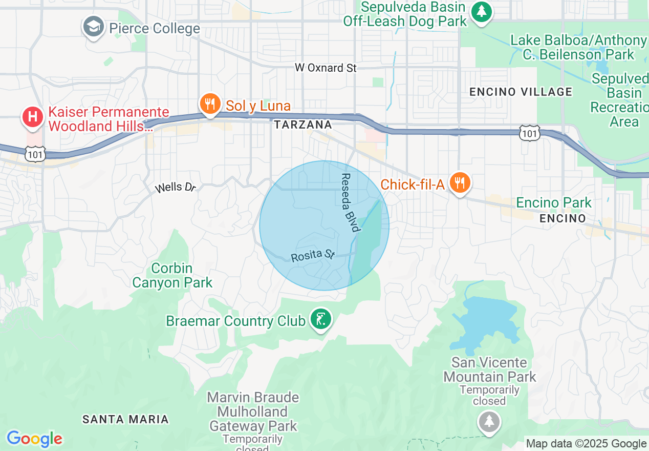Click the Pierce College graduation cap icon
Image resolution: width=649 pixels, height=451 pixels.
[93, 27]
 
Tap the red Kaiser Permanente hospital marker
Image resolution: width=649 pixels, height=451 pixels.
[32, 117]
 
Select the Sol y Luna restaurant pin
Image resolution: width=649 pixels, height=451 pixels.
[209, 104]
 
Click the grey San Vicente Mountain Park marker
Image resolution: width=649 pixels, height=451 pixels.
[489, 422]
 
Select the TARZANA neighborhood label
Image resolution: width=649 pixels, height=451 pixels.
[302, 125]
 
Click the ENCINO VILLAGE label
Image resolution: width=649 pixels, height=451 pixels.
[521, 92]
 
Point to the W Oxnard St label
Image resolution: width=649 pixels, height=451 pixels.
[326, 68]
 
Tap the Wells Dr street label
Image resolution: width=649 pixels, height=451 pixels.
[176, 188]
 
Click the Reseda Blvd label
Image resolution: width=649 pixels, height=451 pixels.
[349, 202]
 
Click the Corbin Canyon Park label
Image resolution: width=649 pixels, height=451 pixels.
[172, 275]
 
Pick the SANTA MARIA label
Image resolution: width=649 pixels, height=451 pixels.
[125, 419]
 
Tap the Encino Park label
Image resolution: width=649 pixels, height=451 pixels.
[553, 202]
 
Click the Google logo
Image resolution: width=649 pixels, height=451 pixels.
[34, 439]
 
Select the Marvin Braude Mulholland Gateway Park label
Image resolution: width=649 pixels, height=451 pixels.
[253, 412]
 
